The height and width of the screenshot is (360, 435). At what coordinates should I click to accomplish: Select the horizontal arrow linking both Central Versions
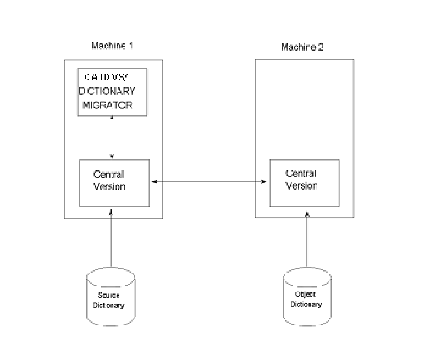point(208,182)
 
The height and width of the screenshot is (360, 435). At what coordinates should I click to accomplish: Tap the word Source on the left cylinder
point(113,295)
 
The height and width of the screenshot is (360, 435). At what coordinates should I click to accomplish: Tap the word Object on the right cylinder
point(305,294)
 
